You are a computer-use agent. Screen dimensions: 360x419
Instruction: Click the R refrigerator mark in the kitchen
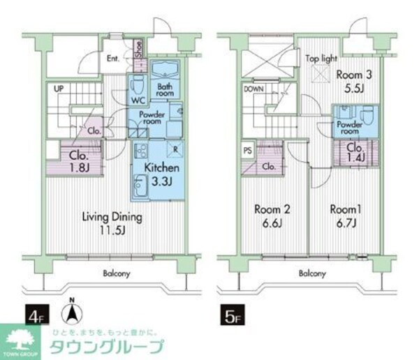pyautogui.click(x=174, y=149)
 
